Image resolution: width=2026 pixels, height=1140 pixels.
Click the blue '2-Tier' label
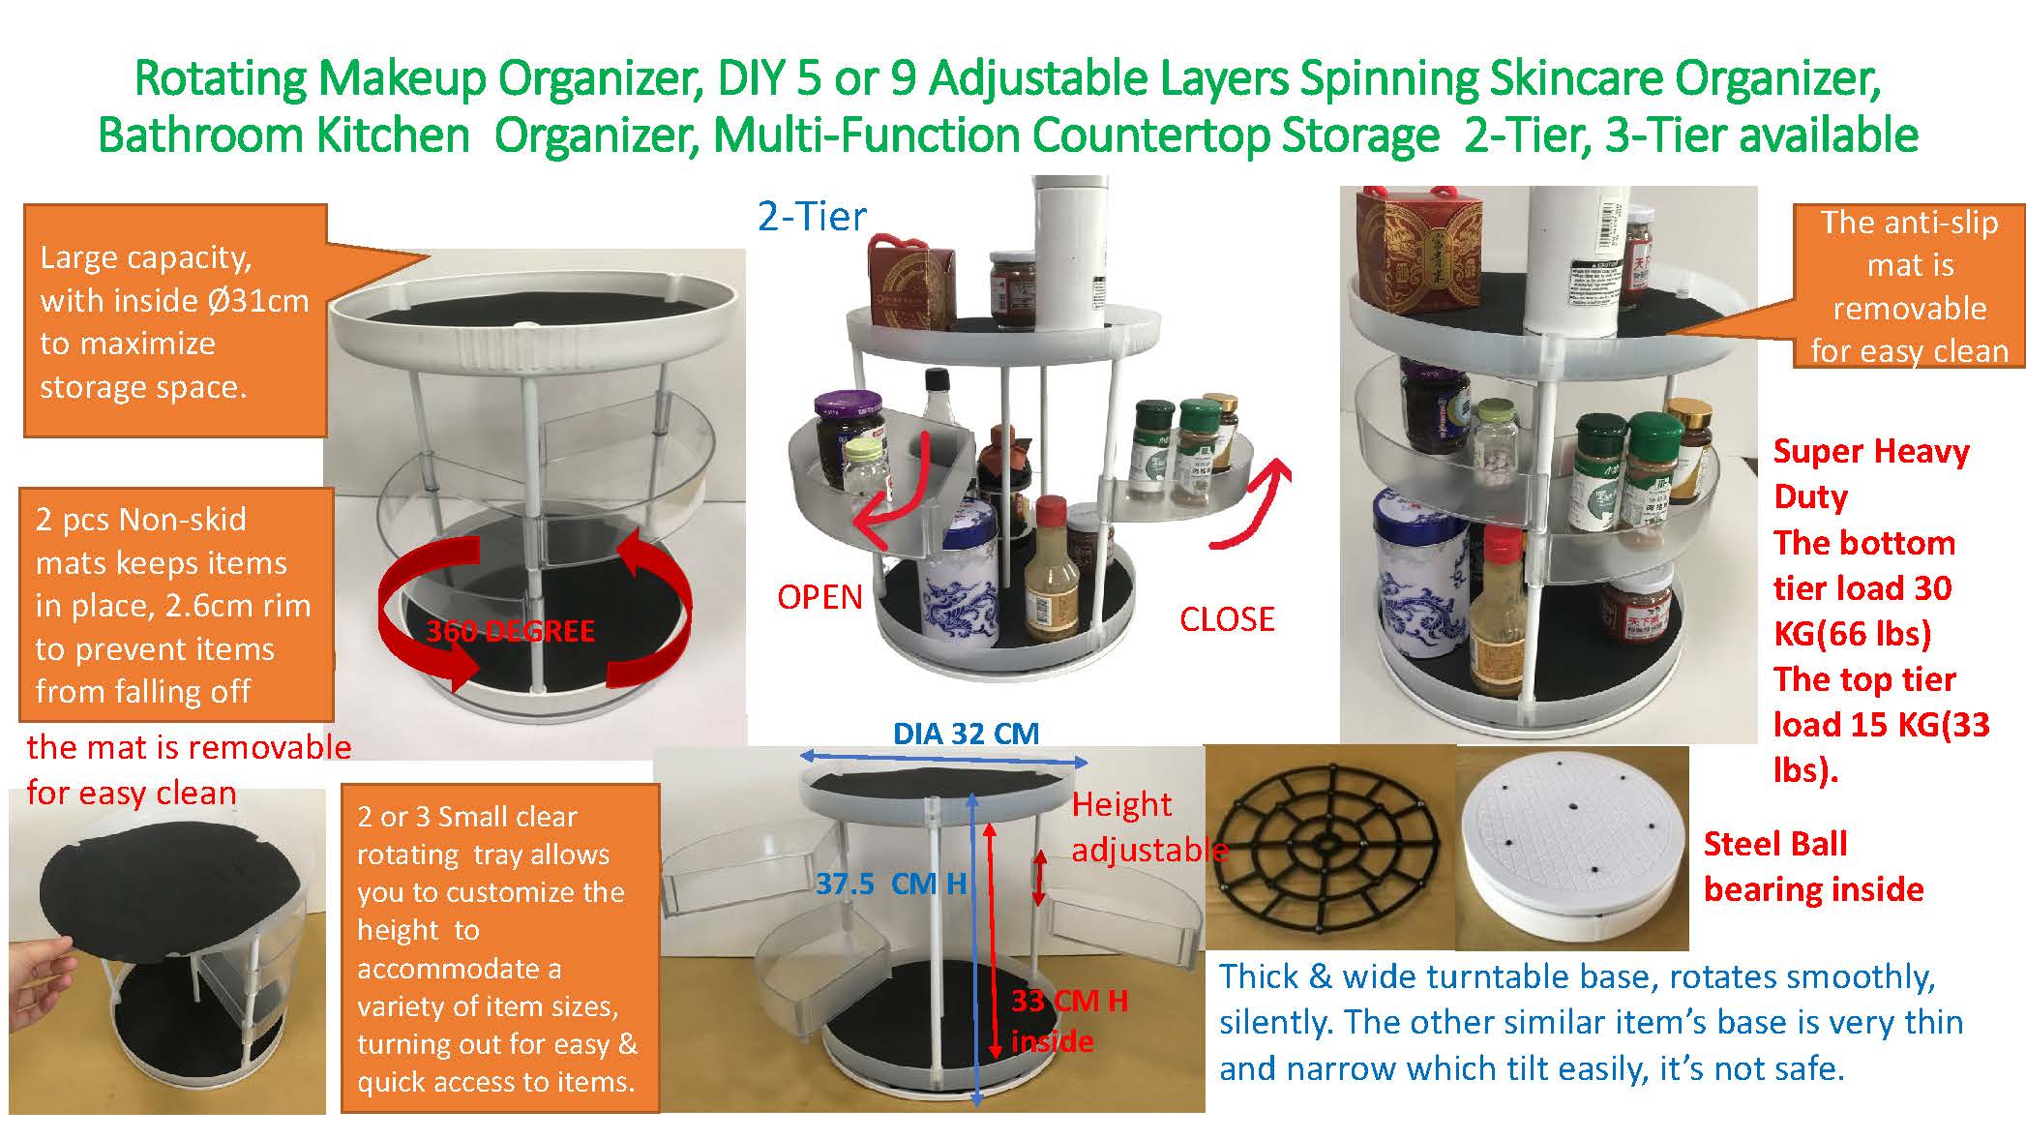pyautogui.click(x=812, y=217)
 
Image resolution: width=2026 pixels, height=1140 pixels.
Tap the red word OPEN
pyautogui.click(x=819, y=597)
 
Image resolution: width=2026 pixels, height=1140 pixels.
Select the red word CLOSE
pyautogui.click(x=1227, y=619)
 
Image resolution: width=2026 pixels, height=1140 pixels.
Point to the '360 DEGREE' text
pyautogui.click(x=510, y=631)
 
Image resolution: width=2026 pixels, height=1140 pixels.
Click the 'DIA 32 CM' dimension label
pyautogui.click(x=966, y=734)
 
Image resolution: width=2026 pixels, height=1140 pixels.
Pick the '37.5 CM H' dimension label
pyautogui.click(x=891, y=884)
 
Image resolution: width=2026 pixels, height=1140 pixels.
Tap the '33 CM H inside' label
pyautogui.click(x=1069, y=1020)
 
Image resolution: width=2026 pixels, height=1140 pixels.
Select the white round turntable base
pyautogui.click(x=1571, y=852)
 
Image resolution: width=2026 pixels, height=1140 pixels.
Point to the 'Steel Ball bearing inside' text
pyautogui.click(x=1813, y=866)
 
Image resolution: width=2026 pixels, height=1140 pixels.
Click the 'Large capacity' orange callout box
pyautogui.click(x=175, y=320)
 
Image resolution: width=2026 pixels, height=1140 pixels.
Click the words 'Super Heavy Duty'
pyautogui.click(x=1871, y=473)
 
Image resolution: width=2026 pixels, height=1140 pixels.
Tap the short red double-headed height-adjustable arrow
pyautogui.click(x=1039, y=878)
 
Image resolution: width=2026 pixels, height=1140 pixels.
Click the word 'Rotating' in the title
pyautogui.click(x=222, y=79)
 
